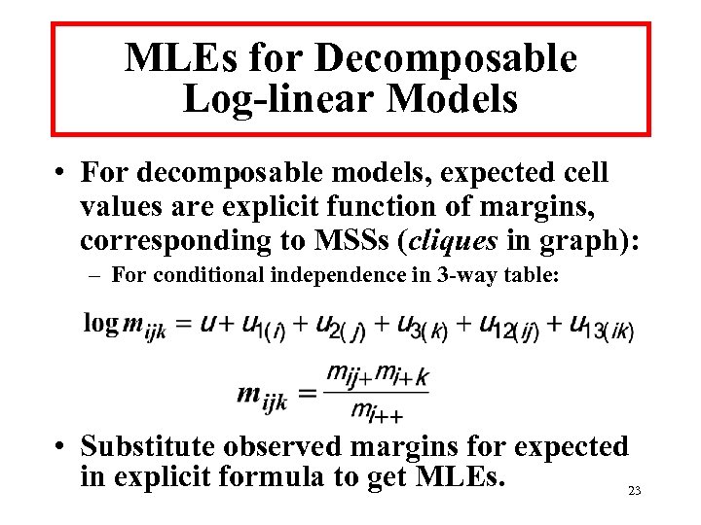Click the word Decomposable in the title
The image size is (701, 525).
[x=446, y=59]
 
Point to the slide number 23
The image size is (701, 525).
[x=634, y=491]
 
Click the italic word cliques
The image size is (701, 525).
[x=455, y=240]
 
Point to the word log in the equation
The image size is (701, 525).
[x=100, y=323]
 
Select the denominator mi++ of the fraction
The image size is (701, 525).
[x=376, y=412]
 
